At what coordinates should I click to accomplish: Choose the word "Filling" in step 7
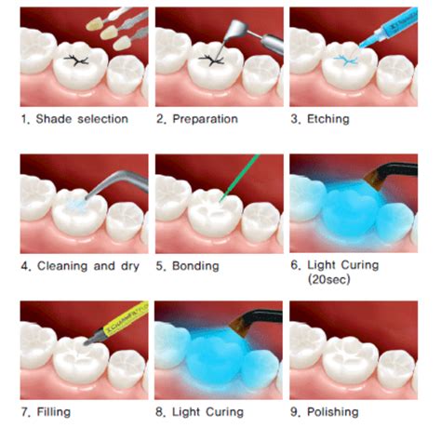coord(54,410)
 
